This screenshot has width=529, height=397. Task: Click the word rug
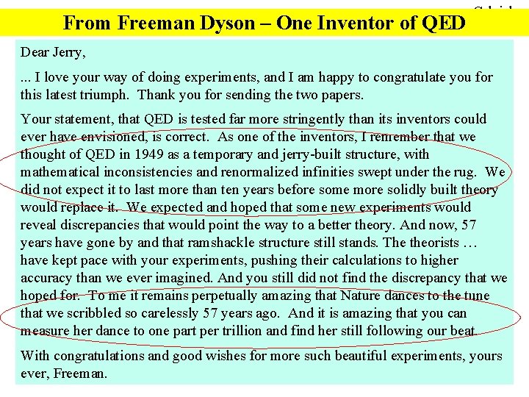point(465,172)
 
